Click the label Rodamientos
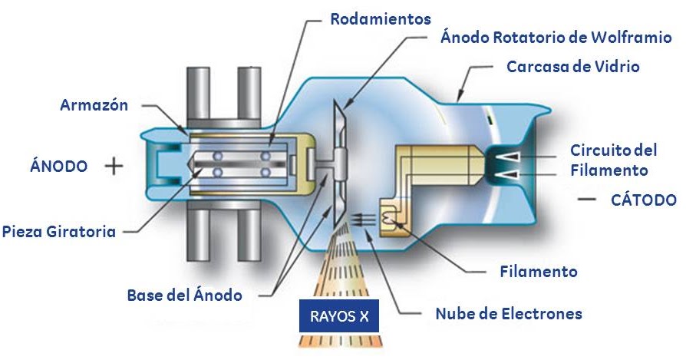click(x=380, y=18)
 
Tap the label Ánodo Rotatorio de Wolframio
click(x=556, y=37)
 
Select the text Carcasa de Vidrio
click(x=572, y=67)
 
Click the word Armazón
click(x=94, y=105)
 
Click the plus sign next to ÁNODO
click(x=114, y=166)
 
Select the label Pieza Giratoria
click(x=59, y=230)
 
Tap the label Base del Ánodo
click(x=183, y=295)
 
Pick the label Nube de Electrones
click(x=508, y=313)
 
